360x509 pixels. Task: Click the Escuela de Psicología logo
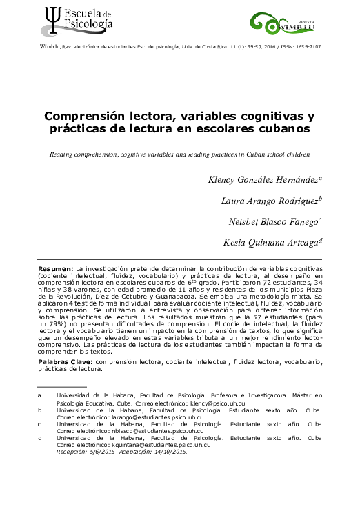click(76, 19)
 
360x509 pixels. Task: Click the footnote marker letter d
click(39, 438)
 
